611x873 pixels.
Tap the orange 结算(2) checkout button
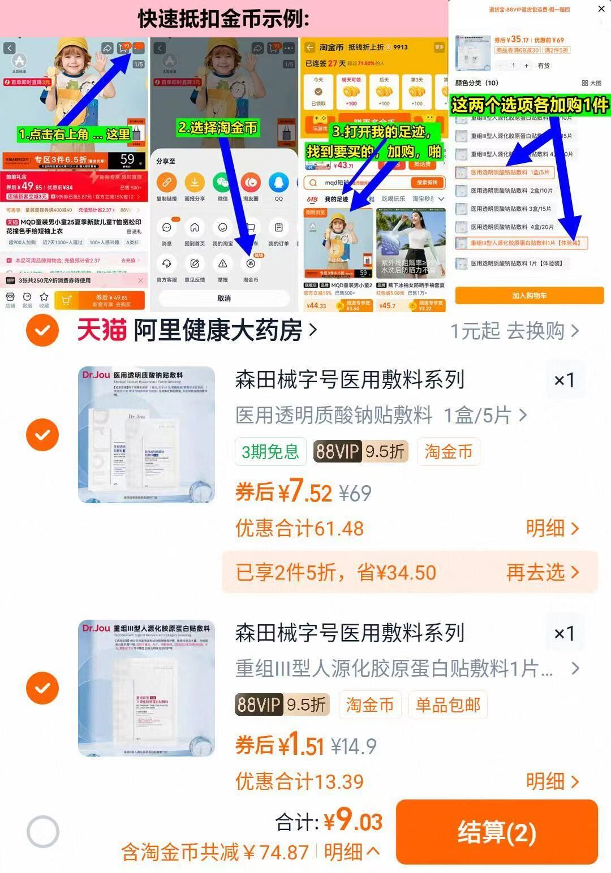[497, 832]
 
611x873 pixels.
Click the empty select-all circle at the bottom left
[43, 832]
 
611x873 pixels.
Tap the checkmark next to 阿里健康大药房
[42, 330]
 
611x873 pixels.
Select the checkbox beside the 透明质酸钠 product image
[42, 435]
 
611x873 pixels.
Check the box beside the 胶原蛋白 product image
[42, 688]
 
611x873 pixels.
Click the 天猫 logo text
[102, 330]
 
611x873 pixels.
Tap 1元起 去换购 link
[514, 331]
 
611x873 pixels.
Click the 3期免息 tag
[270, 451]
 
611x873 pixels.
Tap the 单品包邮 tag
[448, 705]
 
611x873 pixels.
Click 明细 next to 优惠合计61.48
[552, 528]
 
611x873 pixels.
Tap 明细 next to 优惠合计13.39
[552, 781]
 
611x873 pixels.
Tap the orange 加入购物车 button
[529, 296]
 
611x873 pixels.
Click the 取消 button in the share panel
[224, 298]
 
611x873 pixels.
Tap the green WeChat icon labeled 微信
[222, 183]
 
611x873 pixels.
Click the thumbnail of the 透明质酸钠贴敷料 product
[147, 434]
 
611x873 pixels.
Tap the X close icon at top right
[601, 9]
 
